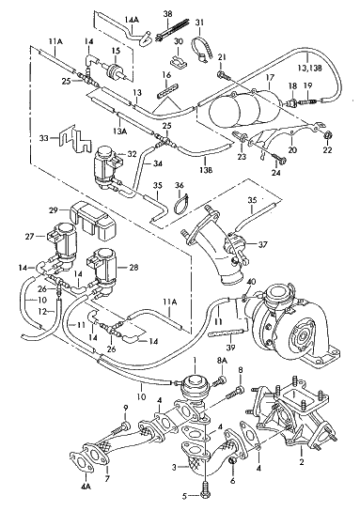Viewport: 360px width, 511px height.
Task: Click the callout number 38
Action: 168,14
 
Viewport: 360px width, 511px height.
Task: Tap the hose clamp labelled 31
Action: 202,50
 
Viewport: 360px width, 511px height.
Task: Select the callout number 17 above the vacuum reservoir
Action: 270,78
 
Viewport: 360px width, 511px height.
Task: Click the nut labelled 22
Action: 328,135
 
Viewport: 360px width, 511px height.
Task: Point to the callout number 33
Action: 44,138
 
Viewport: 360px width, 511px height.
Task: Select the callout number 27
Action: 29,237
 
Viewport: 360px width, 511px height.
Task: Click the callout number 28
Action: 133,268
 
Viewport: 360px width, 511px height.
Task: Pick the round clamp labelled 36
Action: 182,205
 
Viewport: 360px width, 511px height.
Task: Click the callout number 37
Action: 263,244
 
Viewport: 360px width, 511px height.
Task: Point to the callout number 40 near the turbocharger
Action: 251,282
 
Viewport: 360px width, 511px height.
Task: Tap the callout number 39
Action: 230,348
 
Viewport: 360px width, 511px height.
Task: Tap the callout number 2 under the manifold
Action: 302,462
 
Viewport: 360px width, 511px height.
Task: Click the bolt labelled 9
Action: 120,427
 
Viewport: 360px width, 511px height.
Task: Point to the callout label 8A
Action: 222,360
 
